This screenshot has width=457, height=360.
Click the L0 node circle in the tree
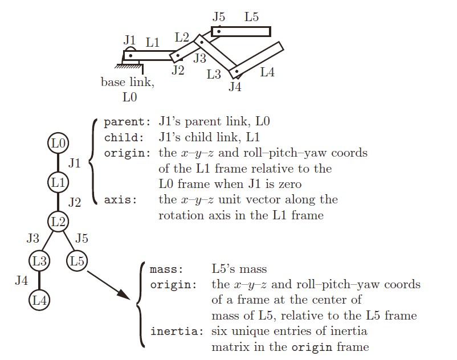pos(58,143)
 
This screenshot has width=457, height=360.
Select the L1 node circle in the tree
pos(58,182)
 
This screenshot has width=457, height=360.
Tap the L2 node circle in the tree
pos(58,221)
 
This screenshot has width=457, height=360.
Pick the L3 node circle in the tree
pos(39,261)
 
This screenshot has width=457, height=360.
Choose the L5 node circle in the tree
pos(77,261)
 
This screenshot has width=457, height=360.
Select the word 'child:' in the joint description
pos(123,137)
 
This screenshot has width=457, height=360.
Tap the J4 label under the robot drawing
pos(235,87)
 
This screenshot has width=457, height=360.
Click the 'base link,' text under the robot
pos(127,82)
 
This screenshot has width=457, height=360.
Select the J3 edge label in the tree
pos(33,238)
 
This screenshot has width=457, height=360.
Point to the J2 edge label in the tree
pos(75,202)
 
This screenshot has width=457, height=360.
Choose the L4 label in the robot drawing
pos(267,72)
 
